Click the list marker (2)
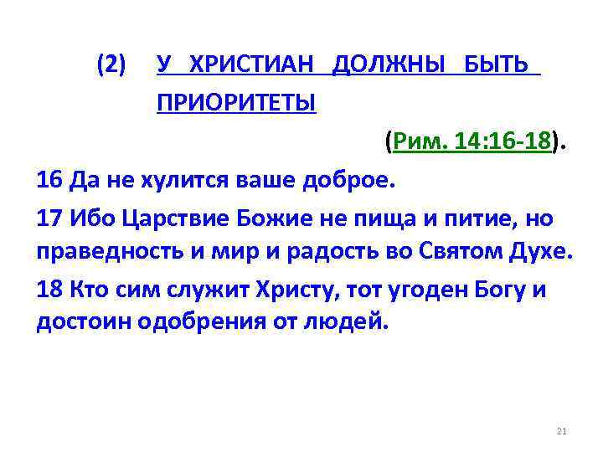pos(111,64)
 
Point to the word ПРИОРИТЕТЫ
pos(235,105)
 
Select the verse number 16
pos(50,180)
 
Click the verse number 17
pos(50,218)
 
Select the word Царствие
pos(166,218)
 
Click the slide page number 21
pos(561,431)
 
